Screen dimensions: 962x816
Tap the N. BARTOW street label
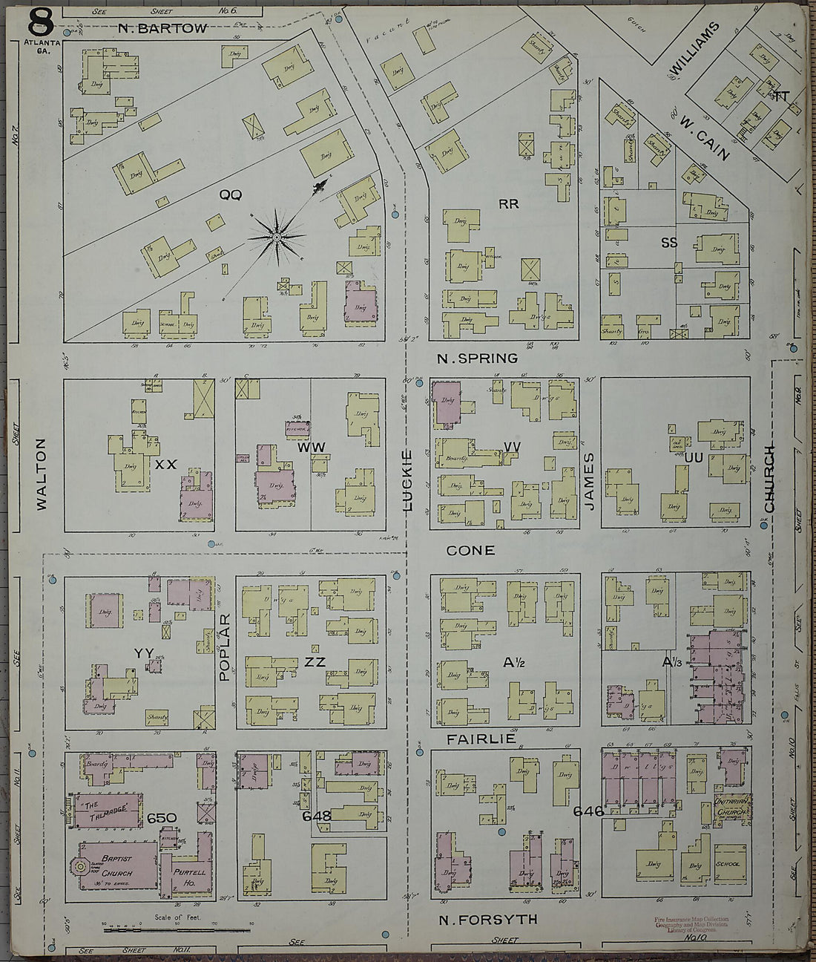[x=162, y=29]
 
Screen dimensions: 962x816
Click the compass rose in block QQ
[x=277, y=237]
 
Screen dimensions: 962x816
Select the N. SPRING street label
[x=477, y=359]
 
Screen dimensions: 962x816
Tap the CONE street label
[x=470, y=551]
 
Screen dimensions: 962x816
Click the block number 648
[x=316, y=817]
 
